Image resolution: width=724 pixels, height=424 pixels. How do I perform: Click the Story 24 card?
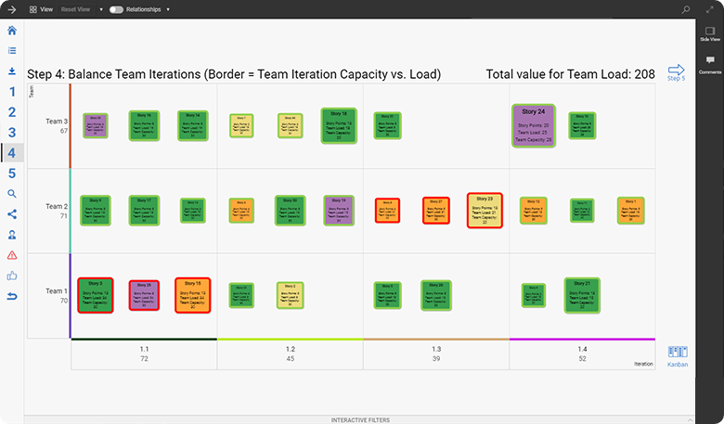click(533, 125)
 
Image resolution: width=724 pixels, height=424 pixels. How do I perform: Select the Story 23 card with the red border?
click(485, 211)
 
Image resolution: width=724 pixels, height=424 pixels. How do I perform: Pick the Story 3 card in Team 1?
click(96, 295)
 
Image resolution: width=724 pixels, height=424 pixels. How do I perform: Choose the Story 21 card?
click(582, 295)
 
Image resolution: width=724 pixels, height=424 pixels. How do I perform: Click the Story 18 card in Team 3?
click(340, 126)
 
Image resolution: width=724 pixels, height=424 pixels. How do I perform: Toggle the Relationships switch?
click(116, 8)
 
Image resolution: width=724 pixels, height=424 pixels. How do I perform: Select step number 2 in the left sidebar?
click(12, 111)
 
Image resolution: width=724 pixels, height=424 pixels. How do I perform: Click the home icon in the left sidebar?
click(12, 31)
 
